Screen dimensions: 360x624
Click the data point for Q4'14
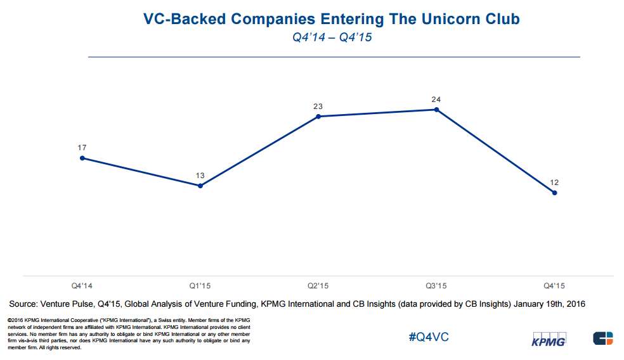[x=82, y=158]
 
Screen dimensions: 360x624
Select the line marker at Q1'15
[x=200, y=186]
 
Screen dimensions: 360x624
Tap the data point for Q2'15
[x=318, y=117]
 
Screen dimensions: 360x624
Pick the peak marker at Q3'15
[x=436, y=110]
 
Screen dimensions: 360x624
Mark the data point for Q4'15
[x=555, y=193]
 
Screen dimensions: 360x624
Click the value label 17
[x=82, y=148]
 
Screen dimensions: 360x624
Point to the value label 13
[x=200, y=176]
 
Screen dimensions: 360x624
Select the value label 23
[x=318, y=106]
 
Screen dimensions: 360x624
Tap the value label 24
[x=436, y=100]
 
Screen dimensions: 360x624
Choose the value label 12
[x=555, y=183]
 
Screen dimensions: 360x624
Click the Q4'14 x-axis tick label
[x=82, y=286]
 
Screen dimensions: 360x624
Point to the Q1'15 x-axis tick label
[x=200, y=286]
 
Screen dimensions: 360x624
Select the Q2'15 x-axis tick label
[x=318, y=286]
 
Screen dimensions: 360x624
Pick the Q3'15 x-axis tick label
[x=436, y=286]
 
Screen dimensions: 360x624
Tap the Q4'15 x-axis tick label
[x=555, y=286]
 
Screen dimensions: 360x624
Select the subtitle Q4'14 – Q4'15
[x=332, y=37]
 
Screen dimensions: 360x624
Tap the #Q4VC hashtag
[x=429, y=337]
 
